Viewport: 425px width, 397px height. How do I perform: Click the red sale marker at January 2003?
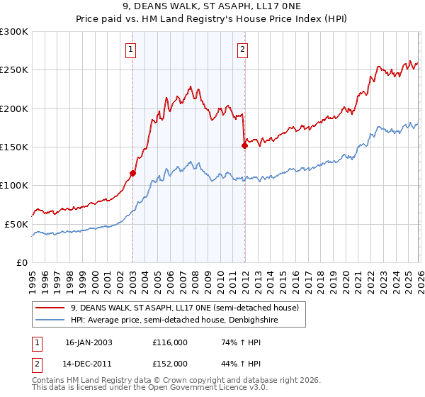click(x=132, y=172)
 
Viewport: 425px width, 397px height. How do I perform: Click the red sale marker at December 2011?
click(x=244, y=145)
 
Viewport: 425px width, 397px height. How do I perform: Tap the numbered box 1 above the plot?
click(x=132, y=49)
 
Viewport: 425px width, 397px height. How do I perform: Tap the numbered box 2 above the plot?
click(x=242, y=49)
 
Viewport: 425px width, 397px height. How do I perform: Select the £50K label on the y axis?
click(x=16, y=224)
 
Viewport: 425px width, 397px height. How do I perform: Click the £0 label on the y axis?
click(x=21, y=262)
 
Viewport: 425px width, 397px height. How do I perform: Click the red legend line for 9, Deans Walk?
click(x=50, y=308)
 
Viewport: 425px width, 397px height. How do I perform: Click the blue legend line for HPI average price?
click(x=50, y=320)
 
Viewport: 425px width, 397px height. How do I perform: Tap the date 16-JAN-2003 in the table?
click(x=89, y=342)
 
